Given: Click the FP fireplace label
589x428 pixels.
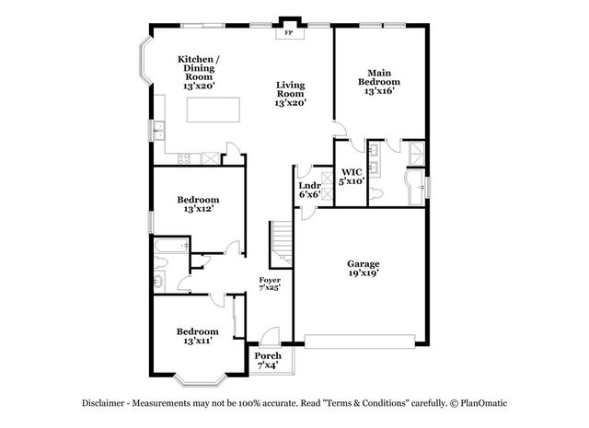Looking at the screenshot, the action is [288, 33].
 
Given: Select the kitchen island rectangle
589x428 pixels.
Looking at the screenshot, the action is [214, 110].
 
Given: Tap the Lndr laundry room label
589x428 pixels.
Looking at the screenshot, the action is [309, 185].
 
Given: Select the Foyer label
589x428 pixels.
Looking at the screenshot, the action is [270, 281].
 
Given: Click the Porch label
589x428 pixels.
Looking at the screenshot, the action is [268, 355].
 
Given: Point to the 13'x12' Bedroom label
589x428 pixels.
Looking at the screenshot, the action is [199, 204].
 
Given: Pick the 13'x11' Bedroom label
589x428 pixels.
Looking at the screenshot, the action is [198, 336].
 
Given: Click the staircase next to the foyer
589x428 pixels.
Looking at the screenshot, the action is [281, 244].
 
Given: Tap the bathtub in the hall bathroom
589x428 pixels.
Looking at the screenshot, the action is [171, 245].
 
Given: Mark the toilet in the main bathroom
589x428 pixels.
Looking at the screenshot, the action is [375, 194].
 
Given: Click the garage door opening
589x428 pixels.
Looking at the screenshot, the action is [360, 341].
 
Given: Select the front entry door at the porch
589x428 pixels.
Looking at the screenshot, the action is [270, 336].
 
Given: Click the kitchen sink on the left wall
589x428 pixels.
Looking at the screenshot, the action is [159, 131].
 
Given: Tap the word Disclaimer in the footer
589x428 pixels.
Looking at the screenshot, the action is [103, 403].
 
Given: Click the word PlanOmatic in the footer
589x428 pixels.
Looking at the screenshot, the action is [484, 403].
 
